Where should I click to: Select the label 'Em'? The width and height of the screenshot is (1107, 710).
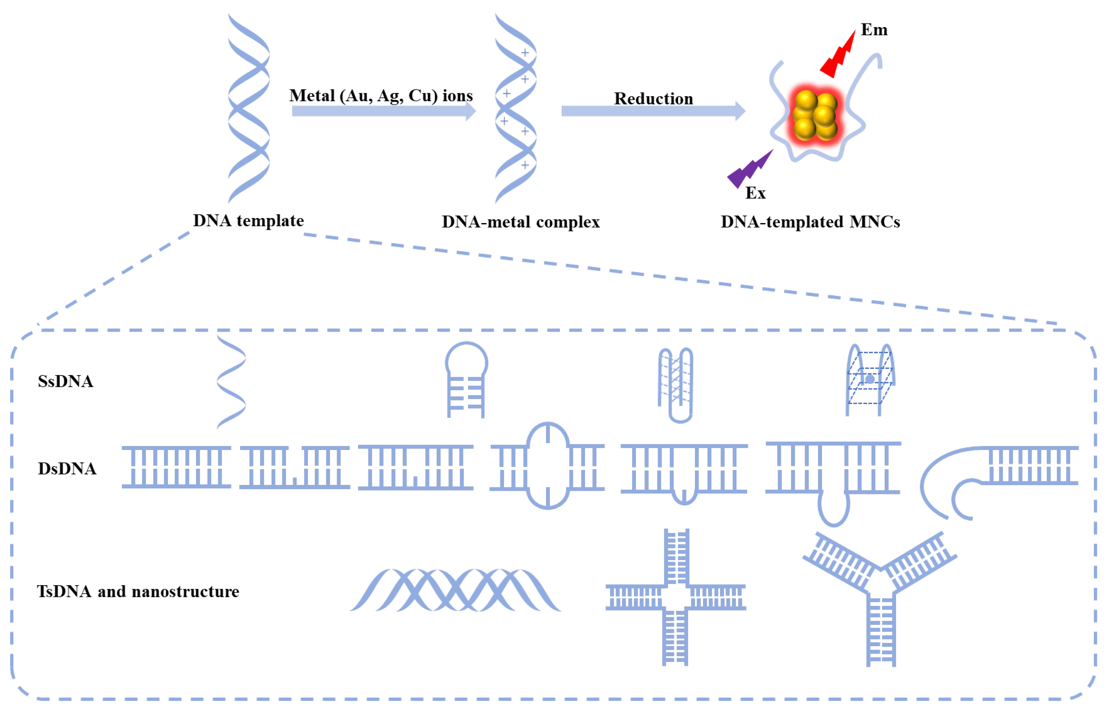(x=874, y=30)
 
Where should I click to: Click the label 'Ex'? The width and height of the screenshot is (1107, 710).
(x=755, y=193)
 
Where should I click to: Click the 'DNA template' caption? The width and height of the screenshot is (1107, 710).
(x=248, y=221)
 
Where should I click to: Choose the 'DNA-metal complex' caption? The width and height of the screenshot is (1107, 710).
(x=520, y=222)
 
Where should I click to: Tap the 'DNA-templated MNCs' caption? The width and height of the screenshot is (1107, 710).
(x=810, y=222)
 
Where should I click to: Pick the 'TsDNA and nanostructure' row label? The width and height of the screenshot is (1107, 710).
(x=138, y=591)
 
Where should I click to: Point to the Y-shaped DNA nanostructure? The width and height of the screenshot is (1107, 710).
(x=881, y=595)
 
